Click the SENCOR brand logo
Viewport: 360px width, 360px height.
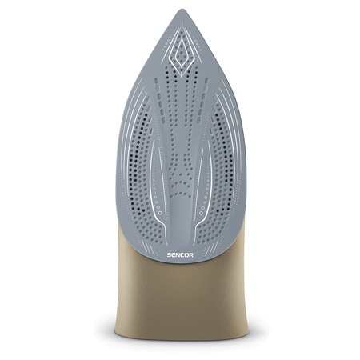point(180,255)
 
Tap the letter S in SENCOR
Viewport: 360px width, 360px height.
point(169,255)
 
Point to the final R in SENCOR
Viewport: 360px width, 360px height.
point(191,255)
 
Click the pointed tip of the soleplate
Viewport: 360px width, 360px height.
point(182,10)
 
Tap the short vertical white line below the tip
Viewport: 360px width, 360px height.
point(182,23)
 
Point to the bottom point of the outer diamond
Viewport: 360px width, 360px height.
point(182,77)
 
